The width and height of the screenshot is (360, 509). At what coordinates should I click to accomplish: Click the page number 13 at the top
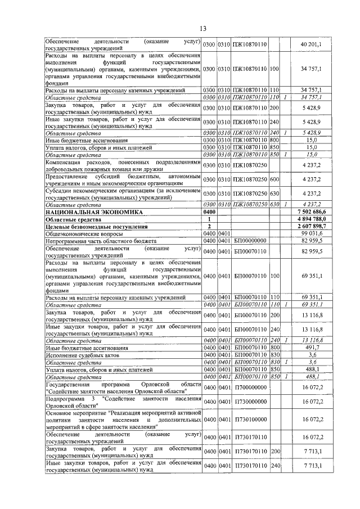click(203, 29)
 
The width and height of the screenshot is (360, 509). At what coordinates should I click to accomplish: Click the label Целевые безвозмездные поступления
click(92, 227)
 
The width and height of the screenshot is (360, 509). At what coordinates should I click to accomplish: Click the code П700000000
click(250, 388)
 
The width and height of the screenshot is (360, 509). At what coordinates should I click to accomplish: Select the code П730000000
click(250, 403)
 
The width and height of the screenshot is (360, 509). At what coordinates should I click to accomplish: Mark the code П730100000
click(250, 420)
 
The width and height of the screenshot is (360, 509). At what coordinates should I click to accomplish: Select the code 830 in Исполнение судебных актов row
click(274, 355)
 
